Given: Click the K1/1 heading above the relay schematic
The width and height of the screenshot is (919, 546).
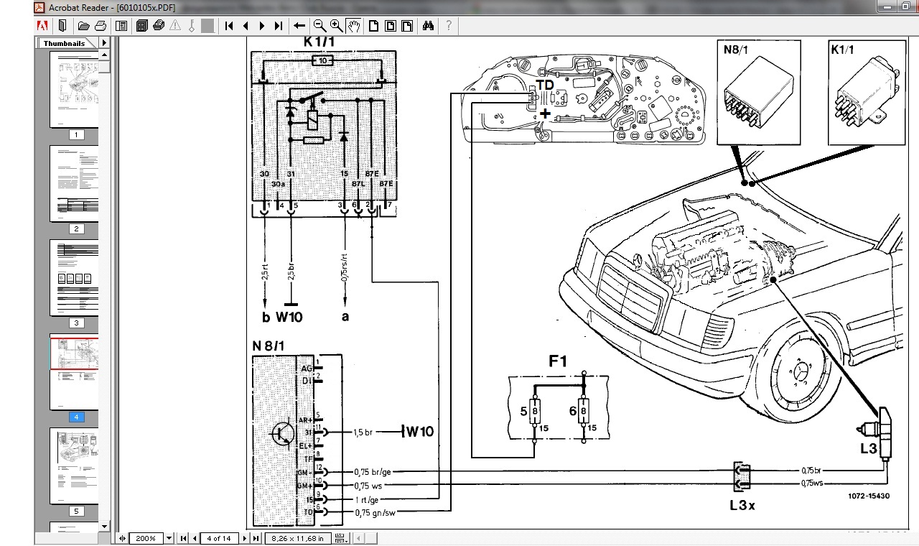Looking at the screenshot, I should point(319,42).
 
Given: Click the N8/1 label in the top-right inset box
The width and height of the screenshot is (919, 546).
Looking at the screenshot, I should point(735,50).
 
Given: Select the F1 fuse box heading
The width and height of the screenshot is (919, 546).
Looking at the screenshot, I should point(558,361).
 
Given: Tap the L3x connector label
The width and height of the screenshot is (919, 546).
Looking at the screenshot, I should point(742,505).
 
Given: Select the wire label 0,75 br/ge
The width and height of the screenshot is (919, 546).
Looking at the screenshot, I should point(373,472).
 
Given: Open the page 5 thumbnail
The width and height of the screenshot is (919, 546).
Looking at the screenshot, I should point(75,466).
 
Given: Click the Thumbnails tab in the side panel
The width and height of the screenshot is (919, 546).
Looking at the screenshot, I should point(64,43).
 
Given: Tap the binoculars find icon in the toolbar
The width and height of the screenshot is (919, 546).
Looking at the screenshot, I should point(428,26).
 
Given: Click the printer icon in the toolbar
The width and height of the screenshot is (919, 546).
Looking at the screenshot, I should point(101,26).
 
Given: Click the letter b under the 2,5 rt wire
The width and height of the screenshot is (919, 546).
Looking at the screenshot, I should point(266,316).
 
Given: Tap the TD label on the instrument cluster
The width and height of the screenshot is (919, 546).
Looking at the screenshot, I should point(546,85).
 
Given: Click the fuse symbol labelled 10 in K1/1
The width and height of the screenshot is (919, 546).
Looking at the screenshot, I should point(323,61).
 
